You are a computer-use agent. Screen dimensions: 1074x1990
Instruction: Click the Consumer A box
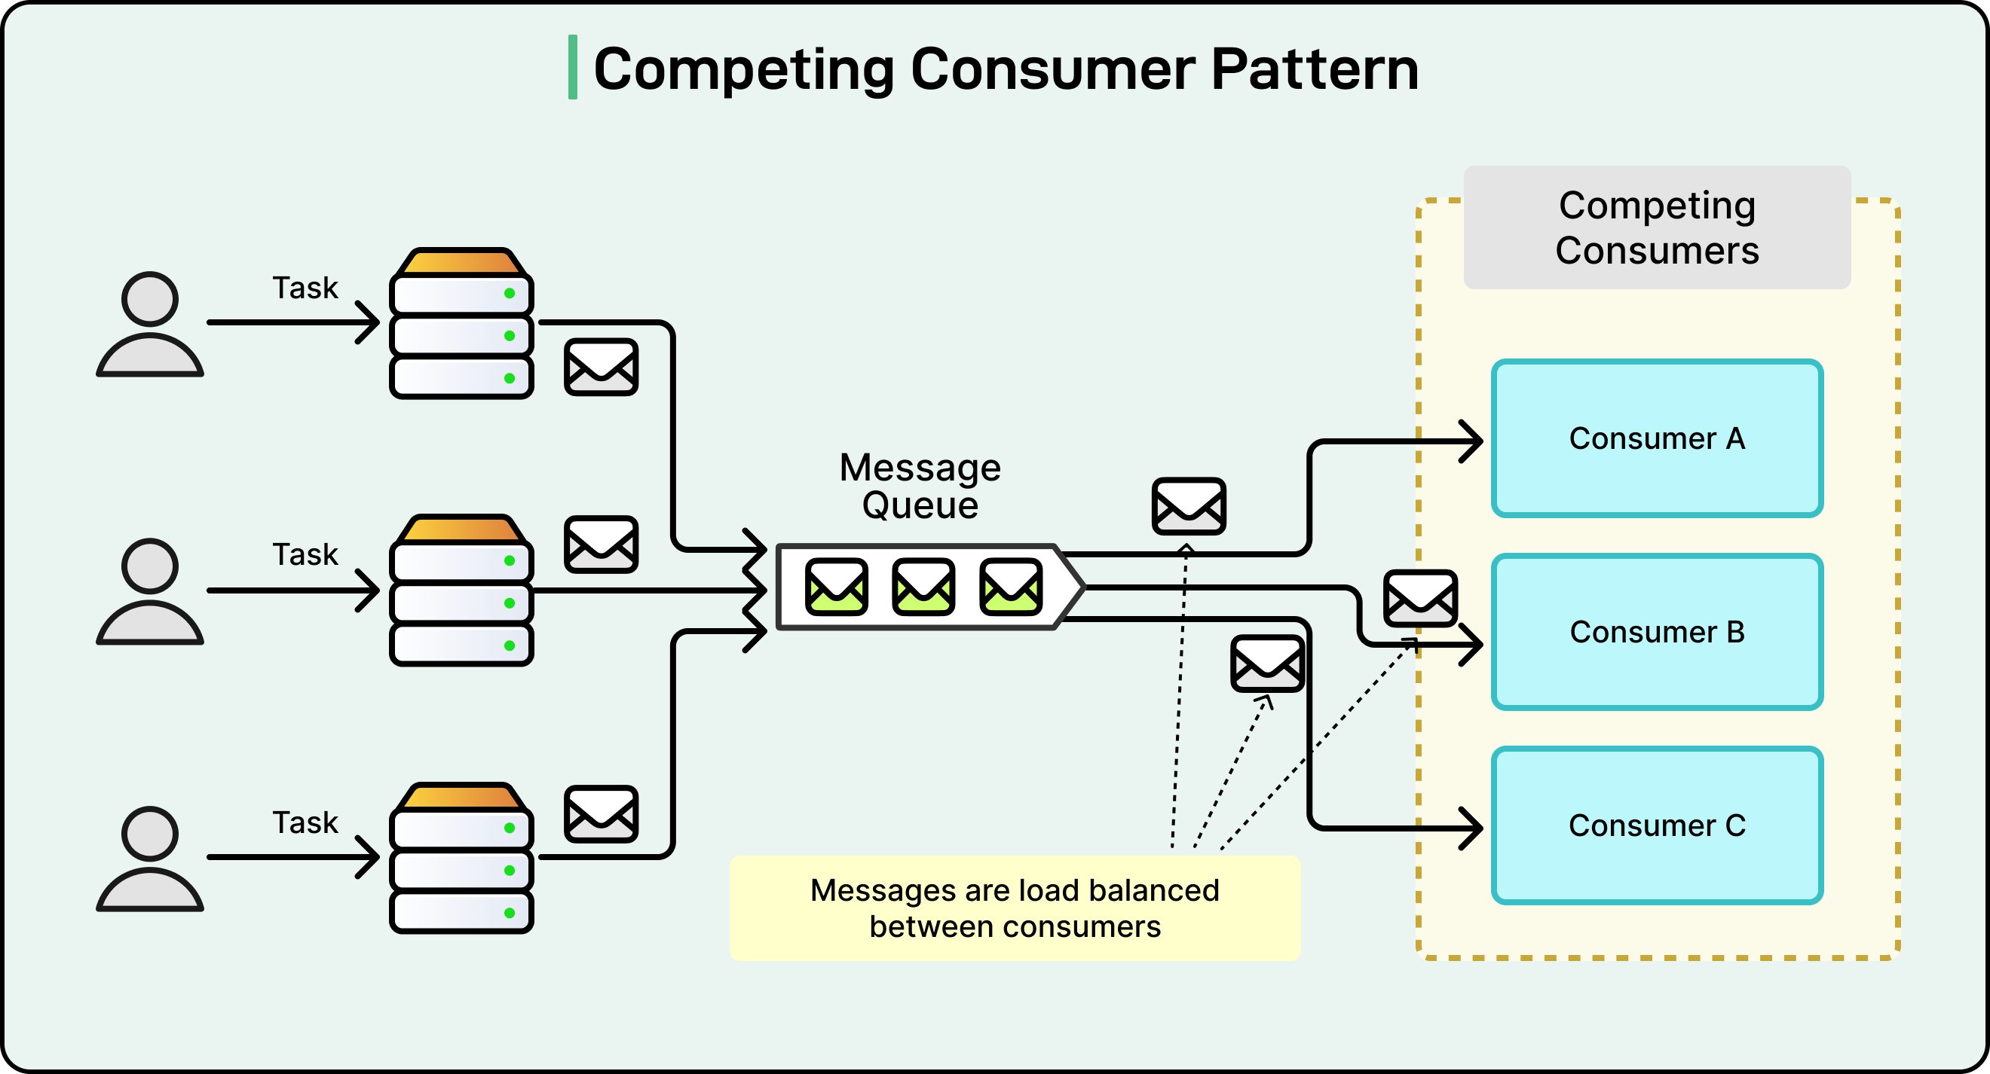(1657, 438)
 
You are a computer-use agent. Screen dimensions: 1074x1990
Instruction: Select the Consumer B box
(1657, 632)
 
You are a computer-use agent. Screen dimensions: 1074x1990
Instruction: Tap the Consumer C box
(1657, 825)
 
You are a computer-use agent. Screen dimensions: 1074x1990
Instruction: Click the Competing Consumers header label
(1657, 227)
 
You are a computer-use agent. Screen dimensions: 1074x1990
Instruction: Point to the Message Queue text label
(920, 487)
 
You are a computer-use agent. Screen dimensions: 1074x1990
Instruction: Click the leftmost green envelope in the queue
(836, 587)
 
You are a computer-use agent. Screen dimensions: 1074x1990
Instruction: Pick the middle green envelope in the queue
(923, 587)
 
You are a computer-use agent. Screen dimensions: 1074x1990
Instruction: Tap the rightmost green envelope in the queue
(1010, 587)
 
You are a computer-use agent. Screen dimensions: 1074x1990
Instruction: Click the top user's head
(150, 299)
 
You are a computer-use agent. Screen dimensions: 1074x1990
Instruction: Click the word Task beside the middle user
(305, 554)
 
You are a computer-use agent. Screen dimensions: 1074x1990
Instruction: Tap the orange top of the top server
(461, 263)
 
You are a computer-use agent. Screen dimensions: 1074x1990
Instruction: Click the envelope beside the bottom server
(601, 814)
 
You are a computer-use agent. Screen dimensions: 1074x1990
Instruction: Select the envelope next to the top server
(601, 367)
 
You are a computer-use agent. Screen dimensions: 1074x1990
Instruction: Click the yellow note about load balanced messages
(1015, 908)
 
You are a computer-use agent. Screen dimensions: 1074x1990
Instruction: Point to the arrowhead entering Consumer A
(1472, 441)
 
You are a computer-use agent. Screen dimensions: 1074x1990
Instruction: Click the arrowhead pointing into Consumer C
(1472, 828)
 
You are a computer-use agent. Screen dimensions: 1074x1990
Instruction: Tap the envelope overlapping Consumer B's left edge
(1420, 599)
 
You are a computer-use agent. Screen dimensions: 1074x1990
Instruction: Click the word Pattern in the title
(1314, 69)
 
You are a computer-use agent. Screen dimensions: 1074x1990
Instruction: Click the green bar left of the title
(572, 67)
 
